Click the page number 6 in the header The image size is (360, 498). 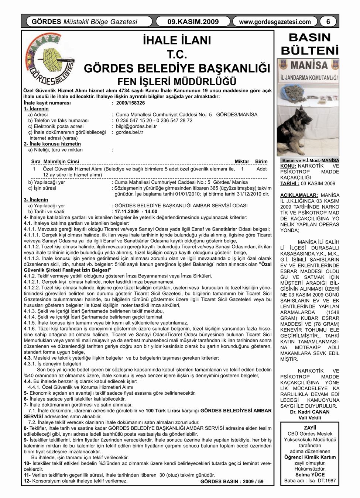pos(328,22)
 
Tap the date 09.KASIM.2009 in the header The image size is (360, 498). pos(193,22)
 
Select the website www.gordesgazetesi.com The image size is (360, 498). pos(275,22)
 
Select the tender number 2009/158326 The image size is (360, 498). pos(130,103)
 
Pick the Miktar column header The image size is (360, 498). pos(242,162)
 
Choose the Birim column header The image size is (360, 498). pos(261,162)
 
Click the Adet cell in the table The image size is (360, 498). pos(261,169)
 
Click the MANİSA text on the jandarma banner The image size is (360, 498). pos(309,66)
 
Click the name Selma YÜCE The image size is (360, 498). pos(310,475)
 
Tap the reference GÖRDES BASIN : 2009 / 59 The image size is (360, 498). pos(232,481)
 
